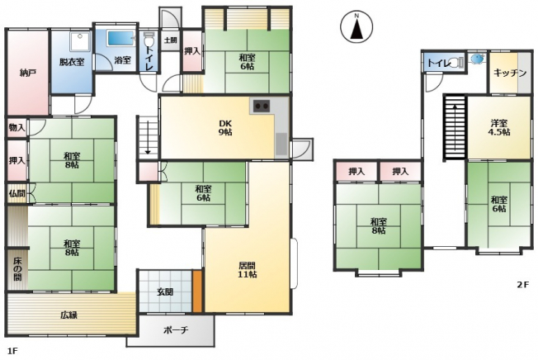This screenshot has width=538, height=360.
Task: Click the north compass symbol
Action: click(x=356, y=26)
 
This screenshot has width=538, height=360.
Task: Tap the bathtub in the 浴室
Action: click(x=120, y=39)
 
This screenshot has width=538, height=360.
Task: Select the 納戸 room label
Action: click(x=28, y=73)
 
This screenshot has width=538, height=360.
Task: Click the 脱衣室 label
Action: click(x=72, y=62)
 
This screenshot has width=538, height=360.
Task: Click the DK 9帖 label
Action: click(x=225, y=128)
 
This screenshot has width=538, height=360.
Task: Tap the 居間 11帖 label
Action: click(x=248, y=270)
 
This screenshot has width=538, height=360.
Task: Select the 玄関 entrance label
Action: click(x=165, y=292)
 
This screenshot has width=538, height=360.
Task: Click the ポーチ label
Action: click(x=176, y=330)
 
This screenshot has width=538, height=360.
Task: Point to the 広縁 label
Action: click(x=69, y=315)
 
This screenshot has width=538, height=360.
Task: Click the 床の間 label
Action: click(x=17, y=268)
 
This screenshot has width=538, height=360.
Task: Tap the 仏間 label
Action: click(x=17, y=193)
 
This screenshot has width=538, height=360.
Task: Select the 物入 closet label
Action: click(x=17, y=128)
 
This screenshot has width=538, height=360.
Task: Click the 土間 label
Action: click(x=170, y=40)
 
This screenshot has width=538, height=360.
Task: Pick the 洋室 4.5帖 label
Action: click(x=499, y=127)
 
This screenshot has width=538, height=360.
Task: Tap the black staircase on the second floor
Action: click(x=455, y=127)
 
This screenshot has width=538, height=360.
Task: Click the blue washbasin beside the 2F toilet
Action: click(x=477, y=59)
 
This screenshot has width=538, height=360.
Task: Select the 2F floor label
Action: click(x=523, y=285)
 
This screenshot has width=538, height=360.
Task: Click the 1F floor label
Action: click(x=12, y=351)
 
